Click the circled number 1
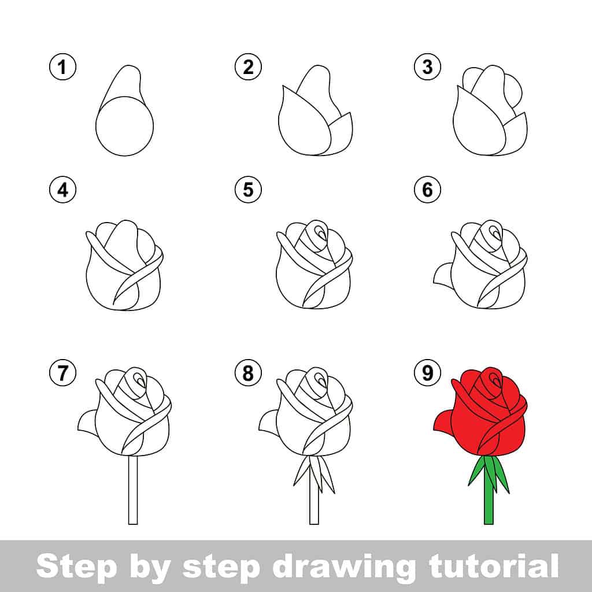pyautogui.click(x=62, y=68)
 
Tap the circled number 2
pyautogui.click(x=248, y=68)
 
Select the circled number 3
pyautogui.click(x=427, y=68)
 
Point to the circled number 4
pyautogui.click(x=62, y=190)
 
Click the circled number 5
pyautogui.click(x=248, y=190)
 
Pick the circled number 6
pyautogui.click(x=427, y=190)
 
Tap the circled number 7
pyautogui.click(x=62, y=373)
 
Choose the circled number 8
pyautogui.click(x=248, y=373)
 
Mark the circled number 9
pyautogui.click(x=427, y=373)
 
